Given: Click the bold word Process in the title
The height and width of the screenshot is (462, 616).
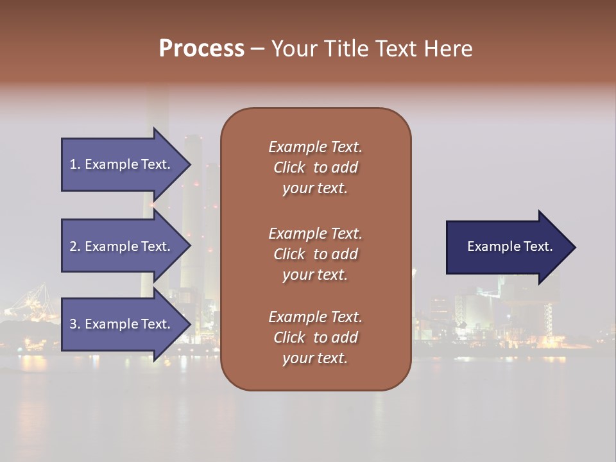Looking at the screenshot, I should (201, 49).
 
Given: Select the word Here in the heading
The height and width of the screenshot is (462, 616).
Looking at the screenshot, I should (447, 49).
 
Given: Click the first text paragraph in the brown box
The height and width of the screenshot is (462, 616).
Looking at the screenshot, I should (315, 167).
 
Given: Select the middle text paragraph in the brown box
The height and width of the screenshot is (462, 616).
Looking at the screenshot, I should (315, 254).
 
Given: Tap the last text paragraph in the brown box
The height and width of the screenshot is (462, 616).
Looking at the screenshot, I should (315, 338).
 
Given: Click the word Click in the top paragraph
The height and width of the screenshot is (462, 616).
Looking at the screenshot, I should (289, 167).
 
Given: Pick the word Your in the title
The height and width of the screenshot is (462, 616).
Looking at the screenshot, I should (293, 49).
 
